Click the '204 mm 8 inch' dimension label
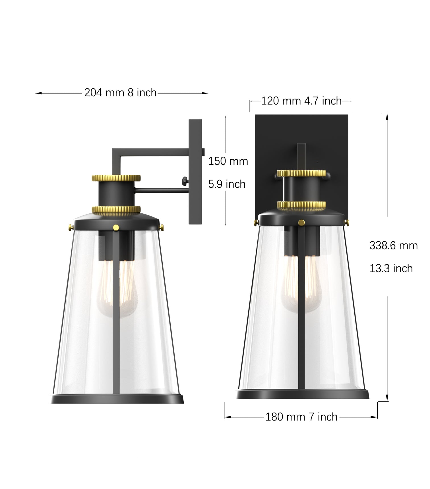120,93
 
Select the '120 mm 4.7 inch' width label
301,101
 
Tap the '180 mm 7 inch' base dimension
301,417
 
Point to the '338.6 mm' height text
393,245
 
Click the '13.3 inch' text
391,268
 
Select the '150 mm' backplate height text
228,161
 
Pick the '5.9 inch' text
227,184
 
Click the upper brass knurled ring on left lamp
116,178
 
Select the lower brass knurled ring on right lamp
301,205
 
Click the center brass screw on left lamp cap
116,227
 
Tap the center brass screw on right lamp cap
301,222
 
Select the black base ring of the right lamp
302,394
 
